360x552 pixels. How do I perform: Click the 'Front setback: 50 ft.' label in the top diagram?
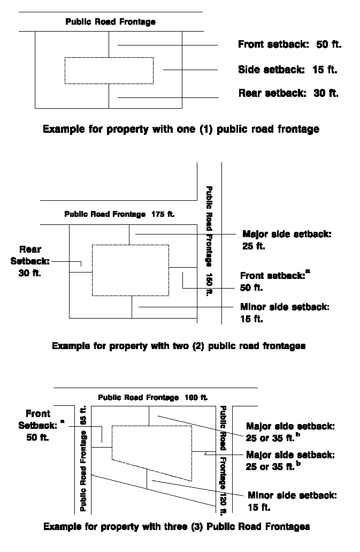click(289, 45)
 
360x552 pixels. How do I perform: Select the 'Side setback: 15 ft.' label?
click(288, 70)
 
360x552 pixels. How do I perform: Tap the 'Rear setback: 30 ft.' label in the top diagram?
click(288, 93)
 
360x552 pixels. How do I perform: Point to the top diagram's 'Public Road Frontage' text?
click(111, 22)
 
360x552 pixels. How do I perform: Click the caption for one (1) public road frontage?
click(181, 129)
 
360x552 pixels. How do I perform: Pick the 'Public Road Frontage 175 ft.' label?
click(119, 214)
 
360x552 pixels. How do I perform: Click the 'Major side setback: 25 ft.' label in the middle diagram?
click(287, 240)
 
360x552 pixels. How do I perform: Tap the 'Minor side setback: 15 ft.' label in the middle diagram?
click(285, 313)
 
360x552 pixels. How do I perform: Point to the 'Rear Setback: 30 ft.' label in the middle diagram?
click(30, 261)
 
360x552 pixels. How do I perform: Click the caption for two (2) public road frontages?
click(179, 346)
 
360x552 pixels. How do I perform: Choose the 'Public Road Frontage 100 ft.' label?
click(153, 398)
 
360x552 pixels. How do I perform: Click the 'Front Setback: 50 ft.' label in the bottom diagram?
click(38, 425)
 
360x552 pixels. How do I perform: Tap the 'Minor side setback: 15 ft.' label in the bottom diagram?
click(292, 501)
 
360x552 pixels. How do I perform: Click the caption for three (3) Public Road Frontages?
click(177, 526)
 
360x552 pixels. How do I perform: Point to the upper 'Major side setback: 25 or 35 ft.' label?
click(290, 432)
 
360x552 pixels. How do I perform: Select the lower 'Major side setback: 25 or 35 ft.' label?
click(290, 460)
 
